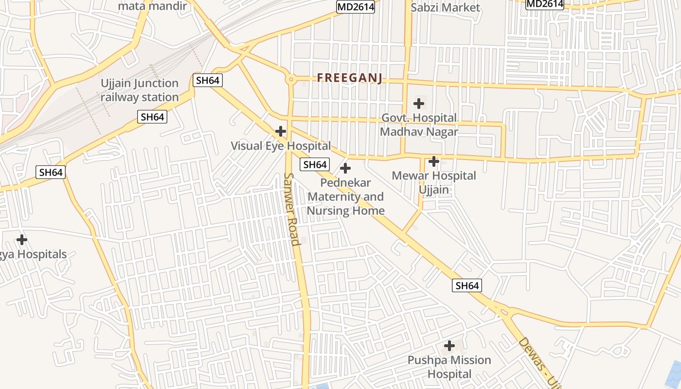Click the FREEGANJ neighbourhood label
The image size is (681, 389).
click(x=350, y=78)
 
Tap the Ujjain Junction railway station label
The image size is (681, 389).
click(x=140, y=90)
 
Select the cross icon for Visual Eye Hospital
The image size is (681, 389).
click(x=281, y=131)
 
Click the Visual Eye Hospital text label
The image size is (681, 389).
click(x=281, y=146)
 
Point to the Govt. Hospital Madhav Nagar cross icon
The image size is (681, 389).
click(x=419, y=104)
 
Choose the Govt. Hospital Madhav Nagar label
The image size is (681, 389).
click(x=419, y=124)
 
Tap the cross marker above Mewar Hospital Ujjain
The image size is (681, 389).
click(x=434, y=161)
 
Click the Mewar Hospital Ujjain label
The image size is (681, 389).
click(x=434, y=182)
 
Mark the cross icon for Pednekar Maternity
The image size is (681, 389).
click(x=345, y=169)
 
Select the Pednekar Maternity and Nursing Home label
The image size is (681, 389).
click(x=345, y=197)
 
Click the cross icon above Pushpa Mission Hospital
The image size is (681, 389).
click(x=449, y=346)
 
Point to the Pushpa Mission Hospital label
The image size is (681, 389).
click(x=449, y=367)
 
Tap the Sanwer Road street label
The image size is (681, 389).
click(x=291, y=209)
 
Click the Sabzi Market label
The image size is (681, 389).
click(x=445, y=7)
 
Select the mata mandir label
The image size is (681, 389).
click(x=153, y=6)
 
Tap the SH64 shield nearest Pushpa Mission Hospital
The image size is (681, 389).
click(x=467, y=285)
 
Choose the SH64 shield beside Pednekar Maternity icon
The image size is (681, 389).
click(x=315, y=164)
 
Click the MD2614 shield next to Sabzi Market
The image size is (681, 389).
click(x=356, y=6)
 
